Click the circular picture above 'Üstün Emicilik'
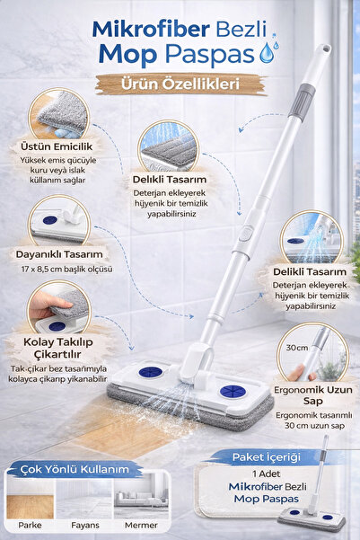point(58,112)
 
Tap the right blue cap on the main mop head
point(232,392)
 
